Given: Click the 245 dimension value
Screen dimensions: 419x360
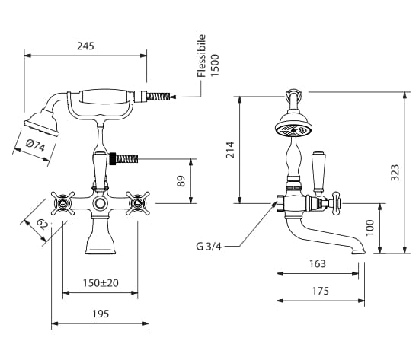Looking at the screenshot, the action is (85, 46).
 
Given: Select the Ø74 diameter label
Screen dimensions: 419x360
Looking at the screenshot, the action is (36, 146).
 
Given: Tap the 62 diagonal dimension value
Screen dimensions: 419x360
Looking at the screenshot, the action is (42, 224).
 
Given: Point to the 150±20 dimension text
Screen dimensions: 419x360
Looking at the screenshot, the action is (101, 283).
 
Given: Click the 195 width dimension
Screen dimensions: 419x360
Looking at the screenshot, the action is (101, 314).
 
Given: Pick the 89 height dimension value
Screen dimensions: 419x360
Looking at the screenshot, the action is (181, 181).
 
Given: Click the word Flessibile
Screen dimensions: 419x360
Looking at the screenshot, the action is (201, 56).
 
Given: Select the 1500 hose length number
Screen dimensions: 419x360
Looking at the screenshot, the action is (215, 65).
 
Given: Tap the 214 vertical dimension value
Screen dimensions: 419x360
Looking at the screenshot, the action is (230, 150).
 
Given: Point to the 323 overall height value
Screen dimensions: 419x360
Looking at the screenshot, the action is (395, 173).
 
